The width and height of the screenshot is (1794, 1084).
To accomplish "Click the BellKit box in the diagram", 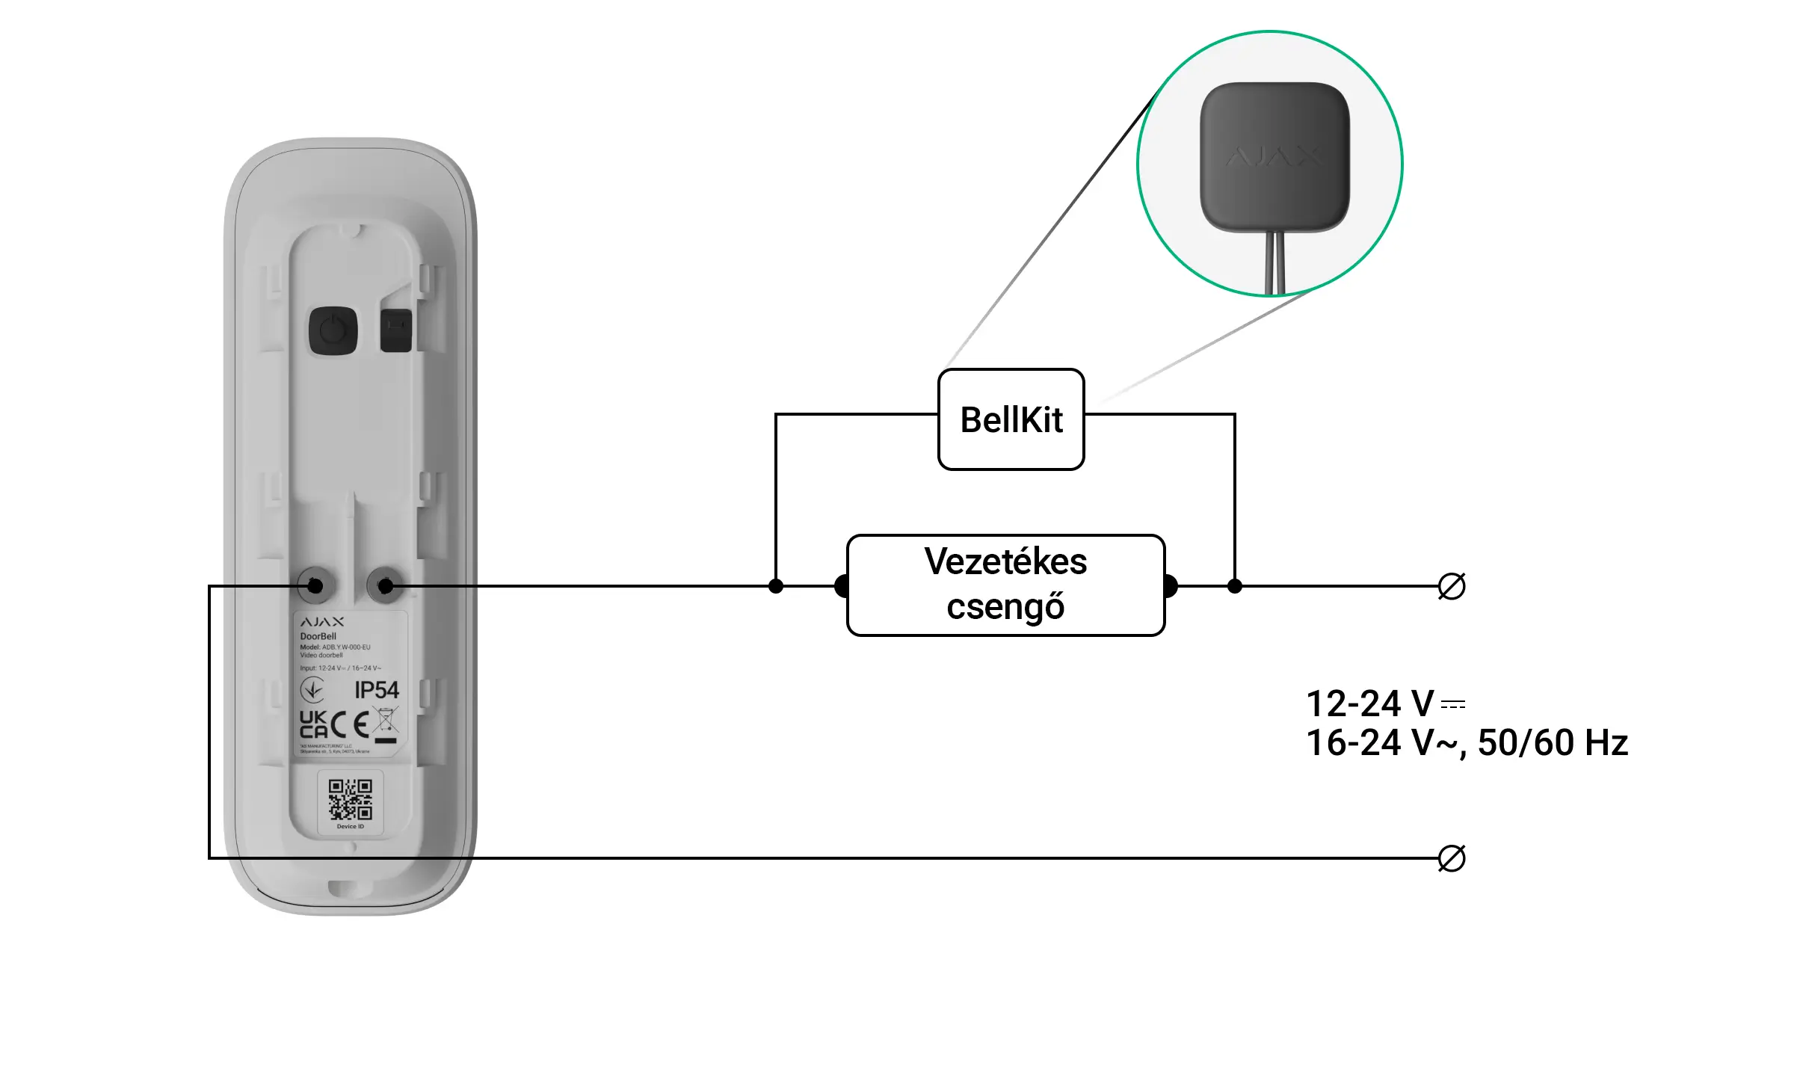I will pyautogui.click(x=1011, y=419).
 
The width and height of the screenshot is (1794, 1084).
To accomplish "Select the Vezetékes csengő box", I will pyautogui.click(x=1005, y=585).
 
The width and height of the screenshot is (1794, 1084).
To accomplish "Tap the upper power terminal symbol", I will pyautogui.click(x=1451, y=586).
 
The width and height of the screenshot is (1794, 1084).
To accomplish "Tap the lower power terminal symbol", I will pyautogui.click(x=1451, y=858).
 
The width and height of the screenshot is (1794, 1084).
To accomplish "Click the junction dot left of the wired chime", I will pyautogui.click(x=776, y=586).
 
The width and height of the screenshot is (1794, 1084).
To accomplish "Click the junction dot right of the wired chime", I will pyautogui.click(x=1235, y=586).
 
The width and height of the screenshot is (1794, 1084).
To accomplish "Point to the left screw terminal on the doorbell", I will pyautogui.click(x=315, y=585).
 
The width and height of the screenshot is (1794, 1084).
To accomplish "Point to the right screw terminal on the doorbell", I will pyautogui.click(x=386, y=585).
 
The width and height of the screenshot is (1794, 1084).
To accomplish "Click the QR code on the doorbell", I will pyautogui.click(x=350, y=799).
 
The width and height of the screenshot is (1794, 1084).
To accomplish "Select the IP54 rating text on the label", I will pyautogui.click(x=377, y=690).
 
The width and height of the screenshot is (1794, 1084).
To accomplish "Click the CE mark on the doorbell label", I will pyautogui.click(x=350, y=724).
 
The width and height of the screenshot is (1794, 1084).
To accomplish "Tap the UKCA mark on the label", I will pyautogui.click(x=313, y=724).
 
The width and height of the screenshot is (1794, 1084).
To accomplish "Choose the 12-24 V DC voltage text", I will pyautogui.click(x=1384, y=703).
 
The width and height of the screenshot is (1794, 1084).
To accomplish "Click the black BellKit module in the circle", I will pyautogui.click(x=1274, y=157).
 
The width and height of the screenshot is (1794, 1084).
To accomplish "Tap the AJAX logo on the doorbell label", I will pyautogui.click(x=322, y=622).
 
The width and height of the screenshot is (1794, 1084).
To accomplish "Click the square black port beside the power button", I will pyautogui.click(x=395, y=330).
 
